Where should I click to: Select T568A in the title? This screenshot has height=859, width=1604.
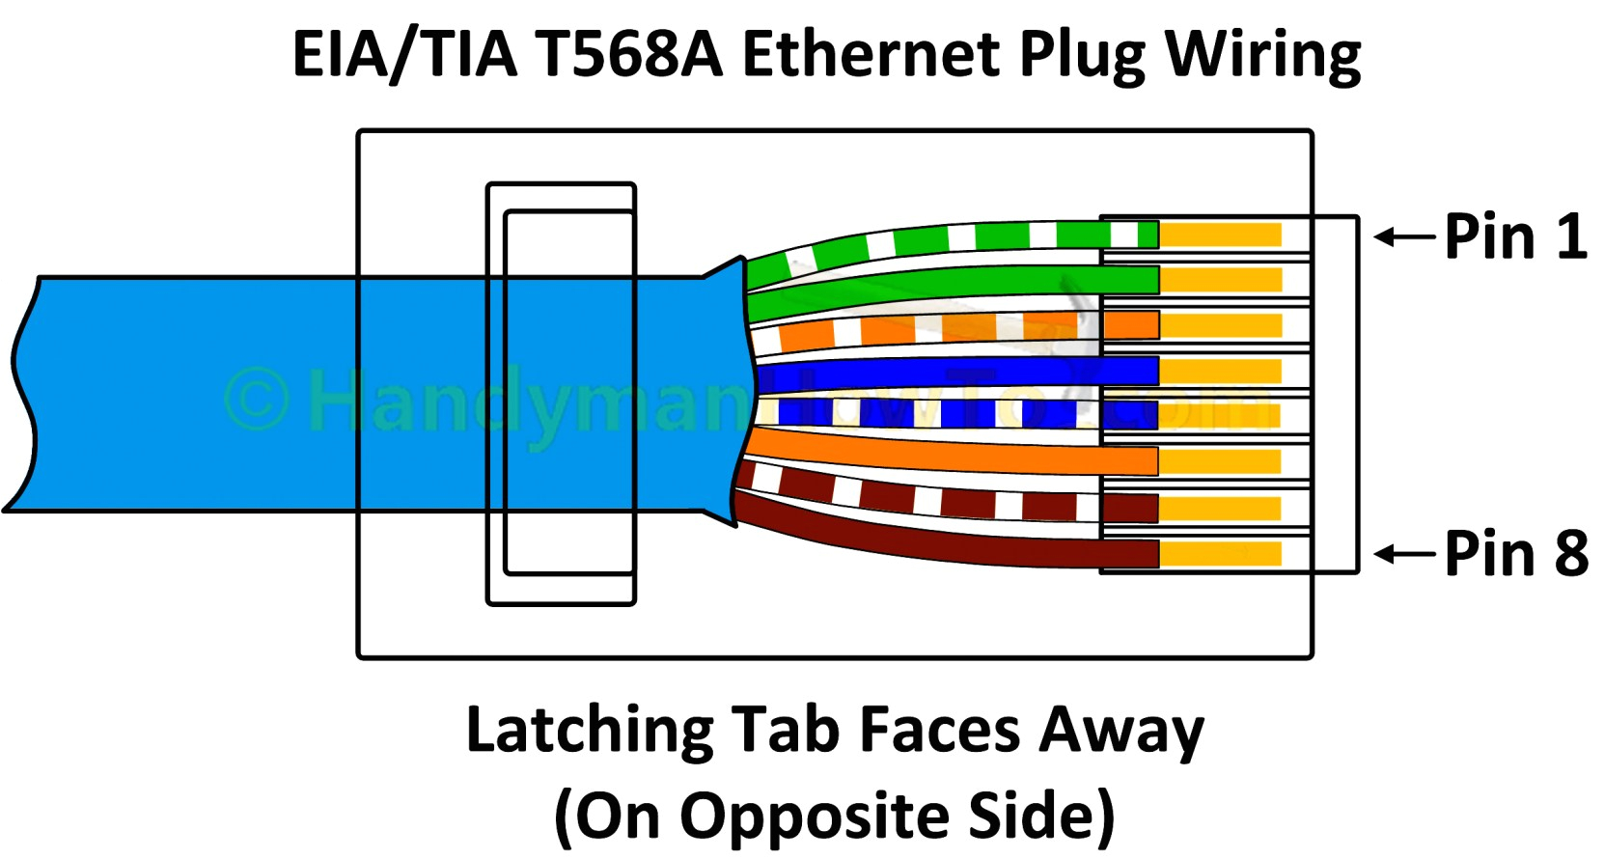point(628,54)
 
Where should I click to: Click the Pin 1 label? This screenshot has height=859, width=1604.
point(1515,236)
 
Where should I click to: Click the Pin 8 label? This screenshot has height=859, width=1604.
point(1515,554)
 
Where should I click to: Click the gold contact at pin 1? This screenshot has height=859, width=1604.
point(1221,235)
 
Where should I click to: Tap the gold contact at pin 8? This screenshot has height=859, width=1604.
point(1221,554)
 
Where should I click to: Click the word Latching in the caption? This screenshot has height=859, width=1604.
point(589,730)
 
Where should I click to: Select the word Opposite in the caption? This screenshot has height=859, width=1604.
point(816,817)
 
